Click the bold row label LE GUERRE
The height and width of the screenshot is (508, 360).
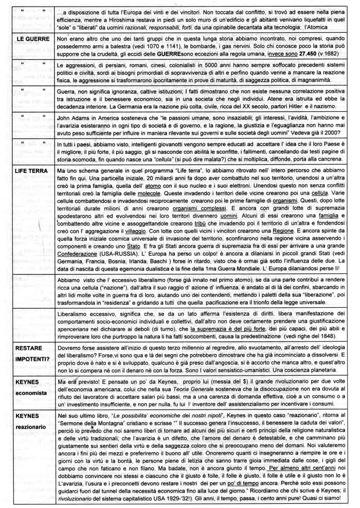click(32, 39)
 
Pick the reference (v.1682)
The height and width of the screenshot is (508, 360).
click(342, 54)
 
